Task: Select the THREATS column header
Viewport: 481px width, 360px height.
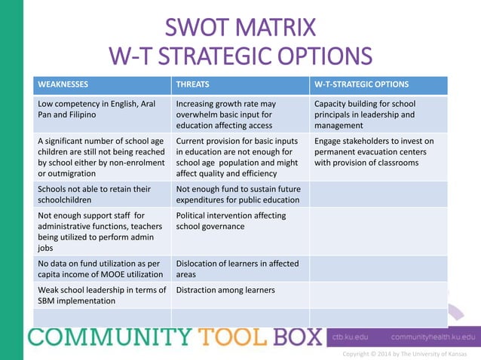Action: (192, 84)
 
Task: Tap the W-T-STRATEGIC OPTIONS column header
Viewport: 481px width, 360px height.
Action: (361, 84)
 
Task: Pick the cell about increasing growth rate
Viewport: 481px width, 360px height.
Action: (239, 114)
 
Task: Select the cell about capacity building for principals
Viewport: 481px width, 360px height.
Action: (377, 114)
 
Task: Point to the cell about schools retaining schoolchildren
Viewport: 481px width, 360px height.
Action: (101, 194)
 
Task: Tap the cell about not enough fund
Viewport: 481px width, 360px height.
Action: (239, 194)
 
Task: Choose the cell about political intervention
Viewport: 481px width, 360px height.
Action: (239, 221)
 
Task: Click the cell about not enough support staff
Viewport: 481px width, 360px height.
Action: (101, 231)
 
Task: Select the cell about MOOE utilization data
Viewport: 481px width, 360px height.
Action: (101, 269)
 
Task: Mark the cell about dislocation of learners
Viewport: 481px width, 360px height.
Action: (239, 269)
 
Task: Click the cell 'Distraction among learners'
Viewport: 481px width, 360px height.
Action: (225, 290)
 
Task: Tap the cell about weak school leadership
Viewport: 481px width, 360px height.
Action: (101, 295)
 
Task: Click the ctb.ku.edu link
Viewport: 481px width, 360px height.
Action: (351, 337)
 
